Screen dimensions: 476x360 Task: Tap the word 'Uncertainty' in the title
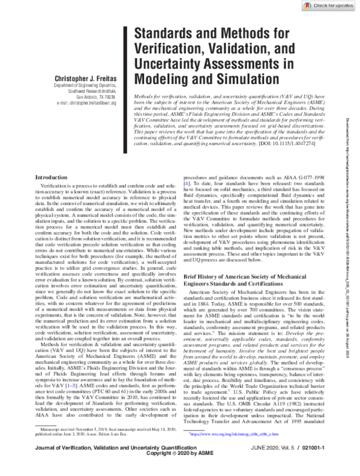coord(170,64)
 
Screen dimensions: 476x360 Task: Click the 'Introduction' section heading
coord(53,177)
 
